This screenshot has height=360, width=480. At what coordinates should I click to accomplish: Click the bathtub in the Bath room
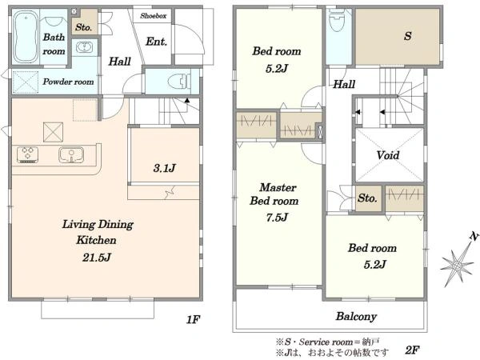26,37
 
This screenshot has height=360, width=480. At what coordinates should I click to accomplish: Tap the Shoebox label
153,16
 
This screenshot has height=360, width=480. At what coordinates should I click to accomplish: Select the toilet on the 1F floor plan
179,82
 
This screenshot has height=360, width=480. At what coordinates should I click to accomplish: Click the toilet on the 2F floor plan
337,19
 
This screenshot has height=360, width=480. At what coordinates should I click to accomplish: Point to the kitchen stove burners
27,154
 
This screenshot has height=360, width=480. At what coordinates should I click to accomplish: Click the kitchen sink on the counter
71,155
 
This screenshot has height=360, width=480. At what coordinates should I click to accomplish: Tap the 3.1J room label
164,168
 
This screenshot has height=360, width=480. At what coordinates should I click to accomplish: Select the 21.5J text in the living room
97,258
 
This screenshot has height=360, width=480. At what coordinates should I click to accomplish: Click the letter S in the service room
407,36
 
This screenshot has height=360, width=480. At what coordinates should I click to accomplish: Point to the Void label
388,155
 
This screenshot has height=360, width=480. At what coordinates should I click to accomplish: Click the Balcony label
356,317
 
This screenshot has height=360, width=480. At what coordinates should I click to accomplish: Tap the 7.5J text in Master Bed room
277,218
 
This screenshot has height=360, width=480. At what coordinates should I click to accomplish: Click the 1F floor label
193,320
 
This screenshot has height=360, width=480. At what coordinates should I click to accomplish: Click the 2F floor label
412,350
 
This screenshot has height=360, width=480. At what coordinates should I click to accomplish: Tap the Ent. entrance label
157,42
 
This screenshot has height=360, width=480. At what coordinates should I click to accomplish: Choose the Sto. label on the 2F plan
367,198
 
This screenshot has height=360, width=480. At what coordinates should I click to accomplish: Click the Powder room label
68,82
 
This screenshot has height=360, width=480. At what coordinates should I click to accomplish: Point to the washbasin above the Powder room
83,48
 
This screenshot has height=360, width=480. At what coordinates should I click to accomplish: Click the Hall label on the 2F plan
344,84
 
